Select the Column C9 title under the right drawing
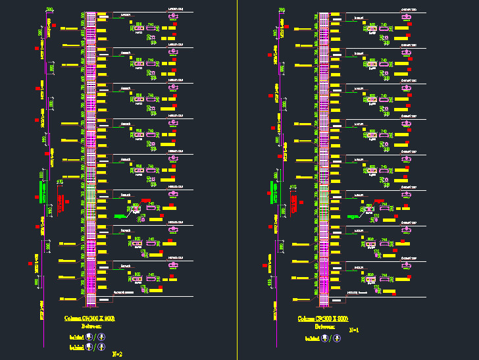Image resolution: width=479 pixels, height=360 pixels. (x=322, y=319)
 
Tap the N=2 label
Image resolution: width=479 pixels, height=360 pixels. (x=118, y=353)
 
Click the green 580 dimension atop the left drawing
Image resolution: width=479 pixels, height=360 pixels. (x=50, y=9)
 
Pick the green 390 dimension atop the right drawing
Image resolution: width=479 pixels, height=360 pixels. (x=282, y=9)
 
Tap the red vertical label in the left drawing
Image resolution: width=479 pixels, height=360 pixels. (x=61, y=203)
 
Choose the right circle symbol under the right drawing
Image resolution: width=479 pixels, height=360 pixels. (x=336, y=339)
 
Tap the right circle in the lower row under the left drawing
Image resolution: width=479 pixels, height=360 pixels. (x=101, y=346)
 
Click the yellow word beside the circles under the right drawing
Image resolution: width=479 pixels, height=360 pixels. (x=312, y=340)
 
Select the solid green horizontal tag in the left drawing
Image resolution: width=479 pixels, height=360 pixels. (x=120, y=216)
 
